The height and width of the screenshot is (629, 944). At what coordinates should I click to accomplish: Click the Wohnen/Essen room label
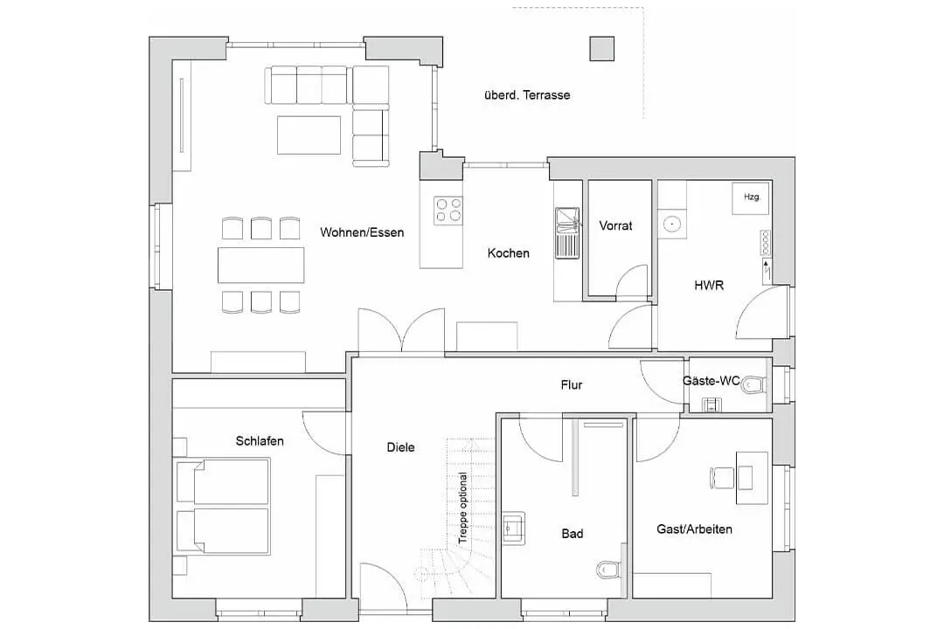362,232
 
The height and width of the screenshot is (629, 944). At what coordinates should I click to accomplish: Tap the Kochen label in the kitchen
508,253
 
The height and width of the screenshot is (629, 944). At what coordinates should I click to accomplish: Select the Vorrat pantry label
615,225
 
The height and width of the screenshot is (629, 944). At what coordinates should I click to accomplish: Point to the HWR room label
709,285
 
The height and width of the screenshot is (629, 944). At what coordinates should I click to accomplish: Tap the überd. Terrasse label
526,95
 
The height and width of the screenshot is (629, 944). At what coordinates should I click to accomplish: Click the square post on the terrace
600,49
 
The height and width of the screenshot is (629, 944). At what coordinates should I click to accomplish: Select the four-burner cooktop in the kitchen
448,210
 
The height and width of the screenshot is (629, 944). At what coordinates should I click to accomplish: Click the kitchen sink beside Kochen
566,232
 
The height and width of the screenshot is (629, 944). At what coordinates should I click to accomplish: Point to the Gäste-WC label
711,381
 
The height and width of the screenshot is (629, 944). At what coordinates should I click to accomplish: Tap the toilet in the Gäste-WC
753,384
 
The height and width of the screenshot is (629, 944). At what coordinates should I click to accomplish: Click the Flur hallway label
572,384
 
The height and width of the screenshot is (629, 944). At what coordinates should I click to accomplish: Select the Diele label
401,447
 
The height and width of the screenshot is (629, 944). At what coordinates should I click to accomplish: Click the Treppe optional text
463,509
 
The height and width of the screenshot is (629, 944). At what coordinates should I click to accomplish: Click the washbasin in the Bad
513,527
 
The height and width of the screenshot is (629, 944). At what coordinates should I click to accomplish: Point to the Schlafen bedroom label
260,441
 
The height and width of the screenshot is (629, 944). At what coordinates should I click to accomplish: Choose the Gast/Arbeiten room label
694,529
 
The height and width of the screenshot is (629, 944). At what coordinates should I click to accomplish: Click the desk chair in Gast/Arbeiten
723,477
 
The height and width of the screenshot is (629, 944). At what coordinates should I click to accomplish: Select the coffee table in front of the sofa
309,135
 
